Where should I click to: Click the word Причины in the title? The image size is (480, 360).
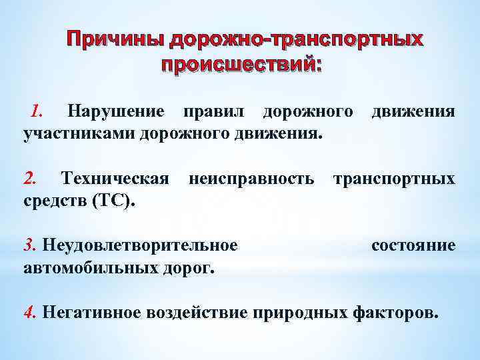coord(115,40)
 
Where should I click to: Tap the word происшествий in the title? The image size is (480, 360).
coord(241,65)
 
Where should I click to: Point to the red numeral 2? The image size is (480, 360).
coord(31,178)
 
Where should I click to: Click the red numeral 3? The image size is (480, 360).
coord(30,245)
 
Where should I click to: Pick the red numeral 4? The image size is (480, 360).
coord(30,312)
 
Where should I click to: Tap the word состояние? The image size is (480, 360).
coord(413,245)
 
